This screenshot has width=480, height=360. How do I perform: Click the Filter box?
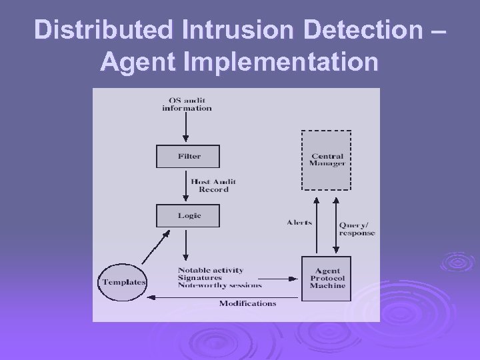189,157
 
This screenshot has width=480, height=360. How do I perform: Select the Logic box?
189,215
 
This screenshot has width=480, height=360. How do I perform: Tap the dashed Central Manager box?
327,160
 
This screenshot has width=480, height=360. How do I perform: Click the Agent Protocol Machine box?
327,277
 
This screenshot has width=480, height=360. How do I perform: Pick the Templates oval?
124,282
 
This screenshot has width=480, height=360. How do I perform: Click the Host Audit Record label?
213,185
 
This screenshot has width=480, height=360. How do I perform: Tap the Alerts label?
299,222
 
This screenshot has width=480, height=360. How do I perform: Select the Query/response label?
357,229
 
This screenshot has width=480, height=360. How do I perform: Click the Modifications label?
247,303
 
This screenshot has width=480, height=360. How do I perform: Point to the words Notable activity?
211,270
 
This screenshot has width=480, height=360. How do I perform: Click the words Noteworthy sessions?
219,285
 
